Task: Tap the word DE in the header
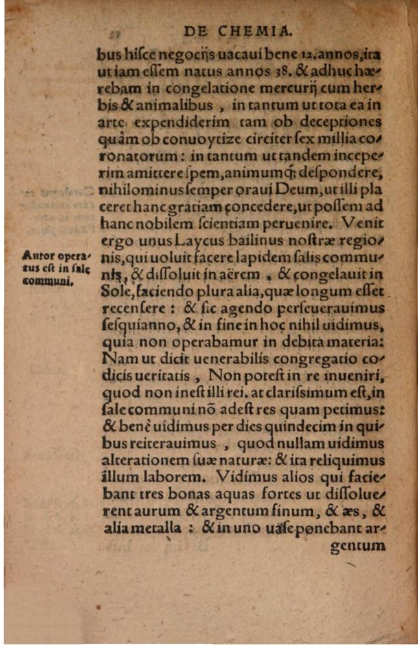196,30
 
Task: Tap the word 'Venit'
368,225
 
